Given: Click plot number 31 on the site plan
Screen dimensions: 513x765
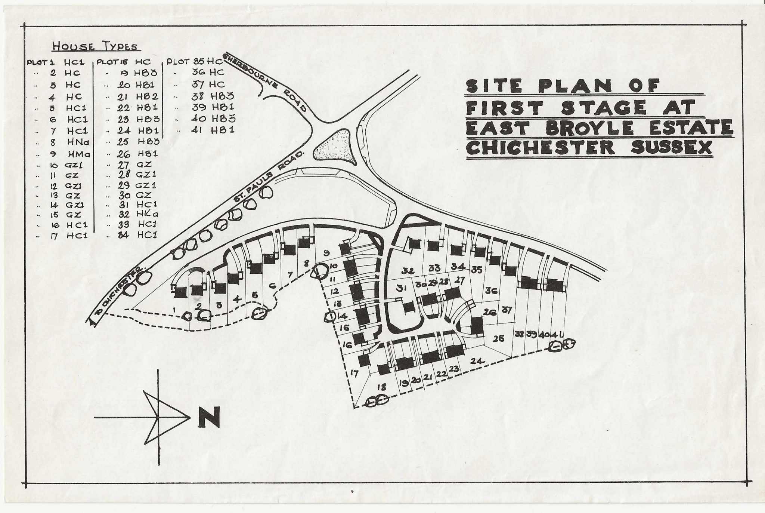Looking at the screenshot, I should pos(401,288).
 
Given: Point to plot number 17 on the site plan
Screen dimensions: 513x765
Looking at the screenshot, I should pos(354,373).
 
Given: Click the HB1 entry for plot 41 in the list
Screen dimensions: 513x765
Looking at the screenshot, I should pos(223,130).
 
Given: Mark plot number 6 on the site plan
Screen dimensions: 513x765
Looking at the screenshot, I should pos(273,286).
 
